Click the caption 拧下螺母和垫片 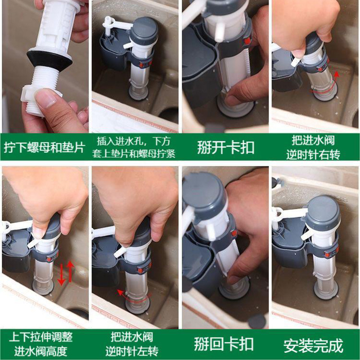coord(45,147)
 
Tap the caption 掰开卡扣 coord(226,148)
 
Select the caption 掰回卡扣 coord(224,344)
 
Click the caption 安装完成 coord(314,345)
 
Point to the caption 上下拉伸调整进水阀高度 coord(41,344)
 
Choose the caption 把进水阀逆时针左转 coord(132,344)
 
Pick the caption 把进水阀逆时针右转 coord(313,148)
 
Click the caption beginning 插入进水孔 coord(134,148)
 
